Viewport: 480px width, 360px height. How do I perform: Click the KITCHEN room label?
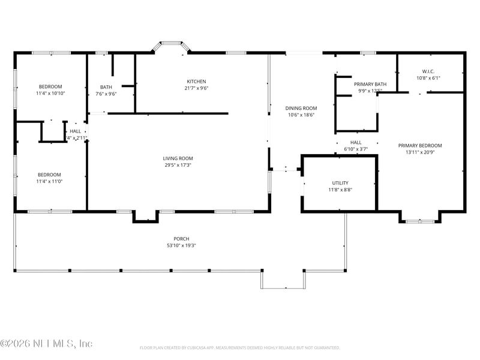pyautogui.click(x=196, y=82)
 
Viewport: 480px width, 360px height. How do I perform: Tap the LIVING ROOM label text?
pyautogui.click(x=178, y=158)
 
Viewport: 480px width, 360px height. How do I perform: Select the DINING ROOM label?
pyautogui.click(x=301, y=108)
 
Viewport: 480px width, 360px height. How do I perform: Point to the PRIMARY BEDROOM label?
pyautogui.click(x=420, y=146)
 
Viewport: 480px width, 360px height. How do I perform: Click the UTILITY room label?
pyautogui.click(x=340, y=183)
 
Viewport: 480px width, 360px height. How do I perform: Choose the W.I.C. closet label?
pyautogui.click(x=428, y=71)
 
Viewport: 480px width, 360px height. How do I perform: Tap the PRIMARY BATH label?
pyautogui.click(x=370, y=84)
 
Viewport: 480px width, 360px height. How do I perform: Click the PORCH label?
pyautogui.click(x=181, y=239)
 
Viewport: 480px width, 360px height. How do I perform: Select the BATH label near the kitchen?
pyautogui.click(x=106, y=87)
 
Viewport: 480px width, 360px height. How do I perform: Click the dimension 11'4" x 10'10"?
pyautogui.click(x=50, y=94)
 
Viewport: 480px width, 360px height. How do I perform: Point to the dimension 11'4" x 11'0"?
pyautogui.click(x=50, y=181)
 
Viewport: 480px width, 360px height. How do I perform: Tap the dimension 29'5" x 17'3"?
pyautogui.click(x=178, y=166)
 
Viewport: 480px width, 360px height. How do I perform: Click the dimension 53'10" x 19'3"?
pyautogui.click(x=181, y=245)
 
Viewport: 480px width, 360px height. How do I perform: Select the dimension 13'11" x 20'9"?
pyautogui.click(x=420, y=152)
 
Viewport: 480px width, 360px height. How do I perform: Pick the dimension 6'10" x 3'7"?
pyautogui.click(x=356, y=149)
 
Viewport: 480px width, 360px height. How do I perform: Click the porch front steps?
pyautogui.click(x=283, y=280)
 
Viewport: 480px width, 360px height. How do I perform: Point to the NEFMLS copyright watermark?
pyautogui.click(x=46, y=344)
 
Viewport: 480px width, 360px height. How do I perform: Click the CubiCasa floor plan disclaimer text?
pyautogui.click(x=239, y=347)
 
